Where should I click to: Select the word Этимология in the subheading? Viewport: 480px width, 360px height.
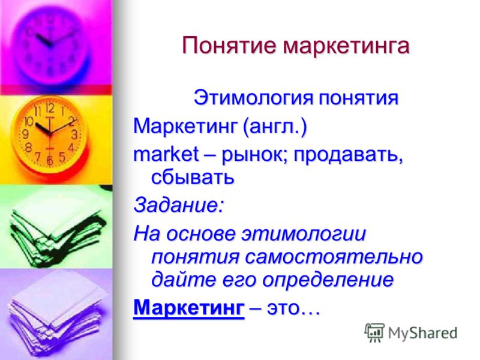coord(254,98)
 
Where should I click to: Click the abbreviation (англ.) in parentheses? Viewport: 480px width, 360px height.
coord(275,126)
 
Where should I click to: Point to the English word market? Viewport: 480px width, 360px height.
coord(166,154)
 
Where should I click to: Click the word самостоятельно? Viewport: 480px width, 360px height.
coord(334,257)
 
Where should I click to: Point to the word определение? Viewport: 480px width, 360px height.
coord(328,280)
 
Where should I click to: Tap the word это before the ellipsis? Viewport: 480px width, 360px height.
coord(283,308)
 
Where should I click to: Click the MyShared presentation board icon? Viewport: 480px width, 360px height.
coord(374,332)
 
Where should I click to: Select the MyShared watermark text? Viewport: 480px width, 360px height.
coord(422,333)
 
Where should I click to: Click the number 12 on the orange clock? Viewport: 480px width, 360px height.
coord(50,108)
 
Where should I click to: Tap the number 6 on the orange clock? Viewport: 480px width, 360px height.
coord(50,160)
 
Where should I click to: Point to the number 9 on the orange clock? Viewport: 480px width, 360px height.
coord(26,134)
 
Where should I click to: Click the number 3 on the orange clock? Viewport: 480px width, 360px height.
coord(74,134)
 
